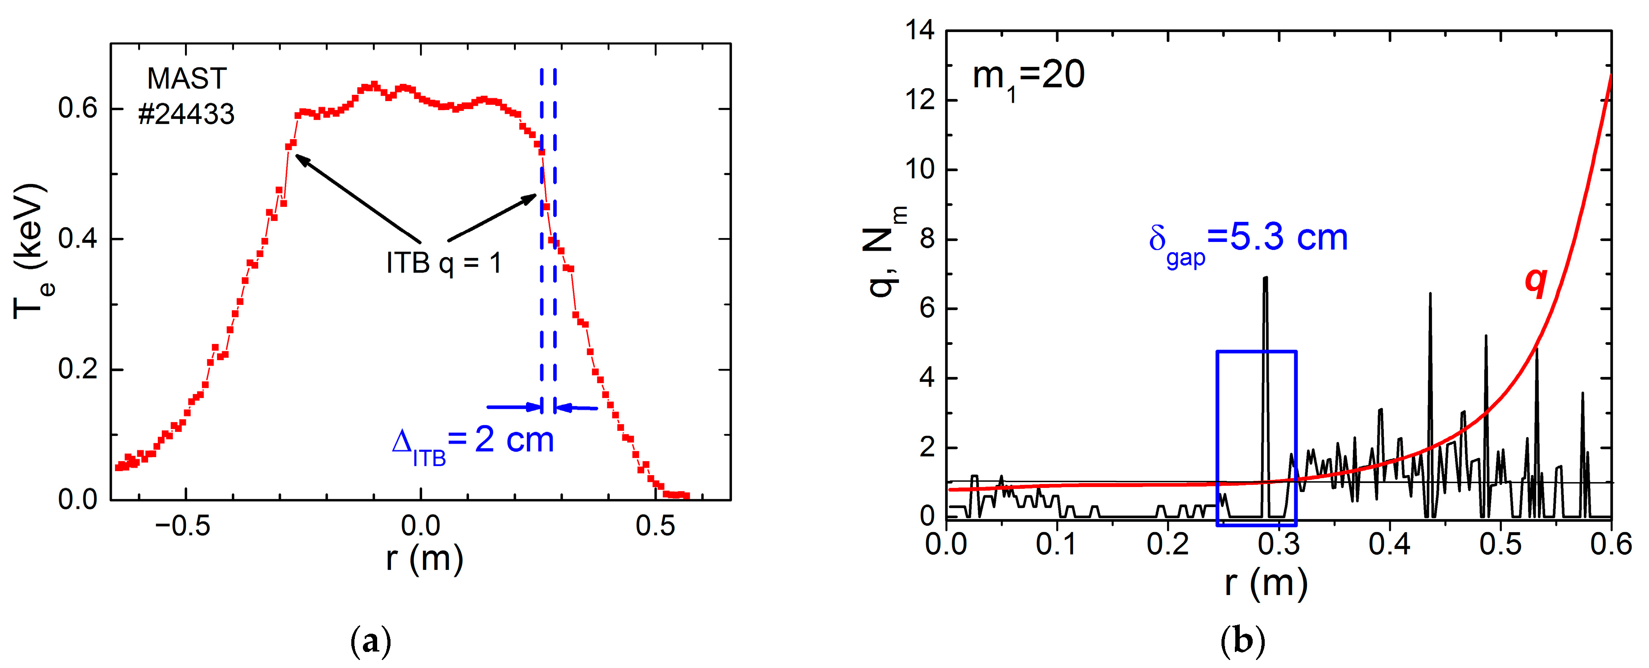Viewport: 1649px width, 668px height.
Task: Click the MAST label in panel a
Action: (x=187, y=79)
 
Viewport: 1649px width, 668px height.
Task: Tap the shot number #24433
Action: (x=186, y=115)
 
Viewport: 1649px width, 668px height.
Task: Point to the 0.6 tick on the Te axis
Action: (x=78, y=108)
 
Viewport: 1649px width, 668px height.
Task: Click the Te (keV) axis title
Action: (x=30, y=251)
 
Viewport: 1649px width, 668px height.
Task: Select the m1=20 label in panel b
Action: (x=1028, y=76)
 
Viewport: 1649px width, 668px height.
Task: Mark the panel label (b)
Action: (x=1242, y=640)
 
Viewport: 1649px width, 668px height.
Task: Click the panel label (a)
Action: (x=370, y=640)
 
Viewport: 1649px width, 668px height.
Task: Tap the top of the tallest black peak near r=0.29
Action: (x=1265, y=278)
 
